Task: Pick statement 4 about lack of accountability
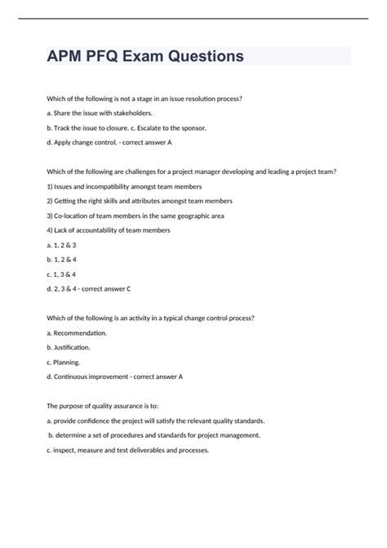pyautogui.click(x=109, y=230)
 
